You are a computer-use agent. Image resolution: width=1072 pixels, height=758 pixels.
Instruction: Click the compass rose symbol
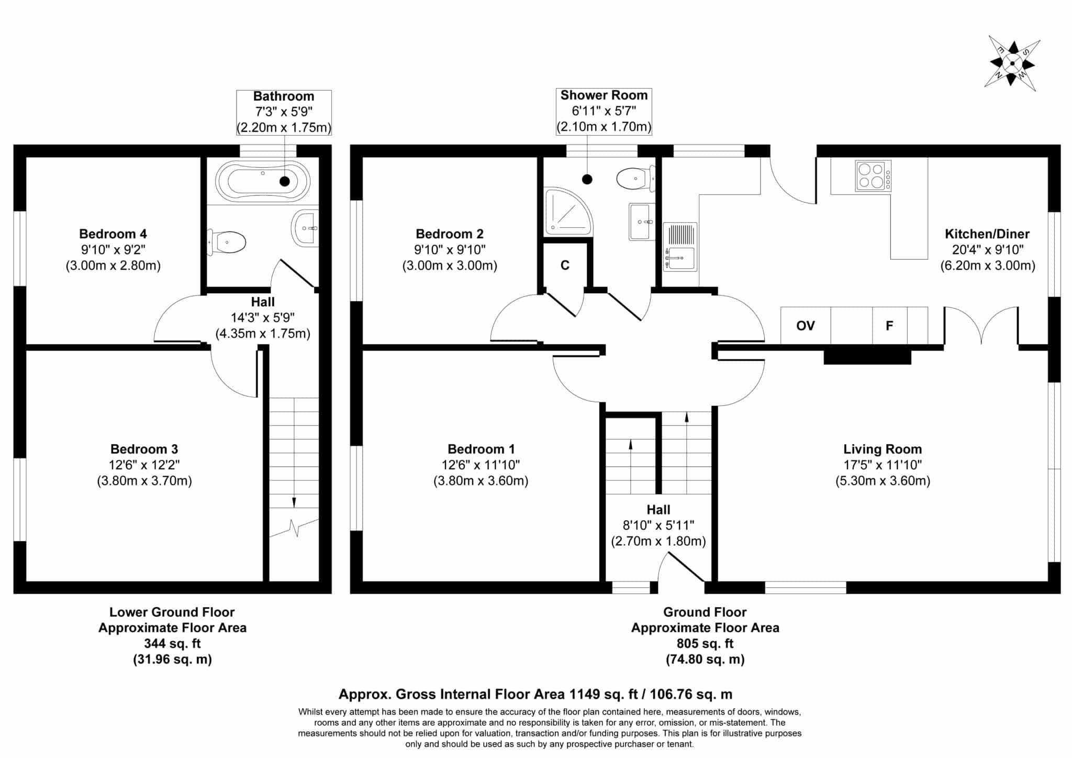pos(1012,64)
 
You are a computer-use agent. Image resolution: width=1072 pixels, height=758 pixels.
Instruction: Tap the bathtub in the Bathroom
pos(263,181)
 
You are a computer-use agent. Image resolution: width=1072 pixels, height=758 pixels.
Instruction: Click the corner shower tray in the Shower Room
pos(569,212)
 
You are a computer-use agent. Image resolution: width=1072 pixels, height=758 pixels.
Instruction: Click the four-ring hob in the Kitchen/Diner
pos(873,175)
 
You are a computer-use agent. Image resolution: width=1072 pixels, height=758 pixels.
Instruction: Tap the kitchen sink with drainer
pos(680,247)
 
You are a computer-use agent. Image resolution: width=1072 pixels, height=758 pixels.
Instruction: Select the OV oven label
pos(806,326)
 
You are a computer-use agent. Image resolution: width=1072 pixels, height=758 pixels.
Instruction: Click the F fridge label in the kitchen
pos(889,326)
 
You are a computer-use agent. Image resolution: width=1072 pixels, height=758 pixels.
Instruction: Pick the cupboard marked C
pos(565,265)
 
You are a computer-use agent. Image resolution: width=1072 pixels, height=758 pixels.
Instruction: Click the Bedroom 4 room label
pos(113,234)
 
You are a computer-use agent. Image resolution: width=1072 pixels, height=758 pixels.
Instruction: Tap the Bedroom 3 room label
pos(144,449)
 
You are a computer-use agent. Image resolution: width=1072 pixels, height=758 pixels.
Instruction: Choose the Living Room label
pos(883,449)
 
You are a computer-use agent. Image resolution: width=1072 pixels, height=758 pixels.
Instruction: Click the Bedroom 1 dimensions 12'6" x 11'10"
pos(481,465)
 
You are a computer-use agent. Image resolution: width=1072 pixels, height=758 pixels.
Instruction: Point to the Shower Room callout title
pos(604,95)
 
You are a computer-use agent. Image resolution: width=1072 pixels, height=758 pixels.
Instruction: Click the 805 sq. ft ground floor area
pos(705,643)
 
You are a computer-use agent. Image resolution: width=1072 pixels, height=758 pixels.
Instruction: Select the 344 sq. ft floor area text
pos(172,643)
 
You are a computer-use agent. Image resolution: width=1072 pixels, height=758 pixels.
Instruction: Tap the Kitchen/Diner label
pos(987,234)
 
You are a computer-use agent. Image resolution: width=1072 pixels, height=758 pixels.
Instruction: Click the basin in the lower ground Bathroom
pos(305,228)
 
